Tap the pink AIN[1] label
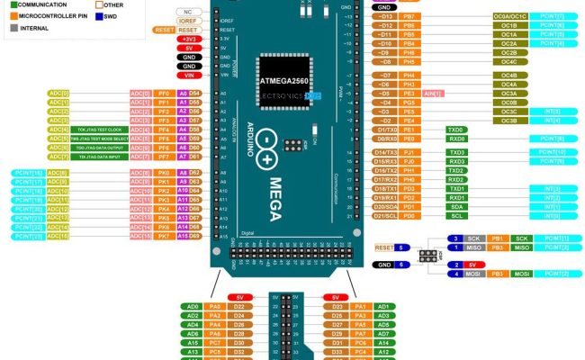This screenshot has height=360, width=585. pyautogui.click(x=432, y=92)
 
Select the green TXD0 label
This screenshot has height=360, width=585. pyautogui.click(x=456, y=129)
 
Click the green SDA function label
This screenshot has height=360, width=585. pyautogui.click(x=456, y=205)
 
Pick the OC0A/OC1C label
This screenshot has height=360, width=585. pyautogui.click(x=508, y=16)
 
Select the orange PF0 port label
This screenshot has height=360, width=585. pyautogui.click(x=163, y=93)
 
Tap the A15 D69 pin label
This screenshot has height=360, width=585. pyautogui.click(x=190, y=236)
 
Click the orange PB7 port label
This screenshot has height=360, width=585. pyautogui.click(x=409, y=16)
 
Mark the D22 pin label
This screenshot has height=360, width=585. pyautogui.click(x=238, y=307)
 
